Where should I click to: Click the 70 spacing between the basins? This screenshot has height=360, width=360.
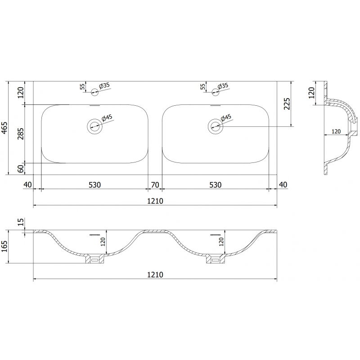pos(155,184)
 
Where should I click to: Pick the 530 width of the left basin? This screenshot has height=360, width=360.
pos(94,184)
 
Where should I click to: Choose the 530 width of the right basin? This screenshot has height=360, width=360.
pos(215,184)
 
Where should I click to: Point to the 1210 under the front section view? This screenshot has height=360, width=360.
pos(155,274)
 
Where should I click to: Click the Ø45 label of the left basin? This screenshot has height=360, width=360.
pos(107,118)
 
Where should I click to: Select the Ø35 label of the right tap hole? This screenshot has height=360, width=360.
pos(223,85)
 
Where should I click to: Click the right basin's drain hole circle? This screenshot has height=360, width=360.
pos(215,126)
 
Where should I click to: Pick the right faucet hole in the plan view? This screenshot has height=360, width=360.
pos(215,92)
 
